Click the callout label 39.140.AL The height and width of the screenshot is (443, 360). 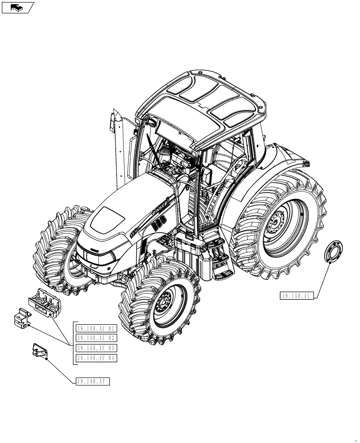[x=297, y=296]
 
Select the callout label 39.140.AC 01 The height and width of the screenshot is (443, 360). [x=96, y=329]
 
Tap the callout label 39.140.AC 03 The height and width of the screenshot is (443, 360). [x=96, y=348]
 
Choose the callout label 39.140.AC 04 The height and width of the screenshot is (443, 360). [x=96, y=358]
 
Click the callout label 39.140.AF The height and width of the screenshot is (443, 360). [x=93, y=381]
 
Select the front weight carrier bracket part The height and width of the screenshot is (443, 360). [x=45, y=301]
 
